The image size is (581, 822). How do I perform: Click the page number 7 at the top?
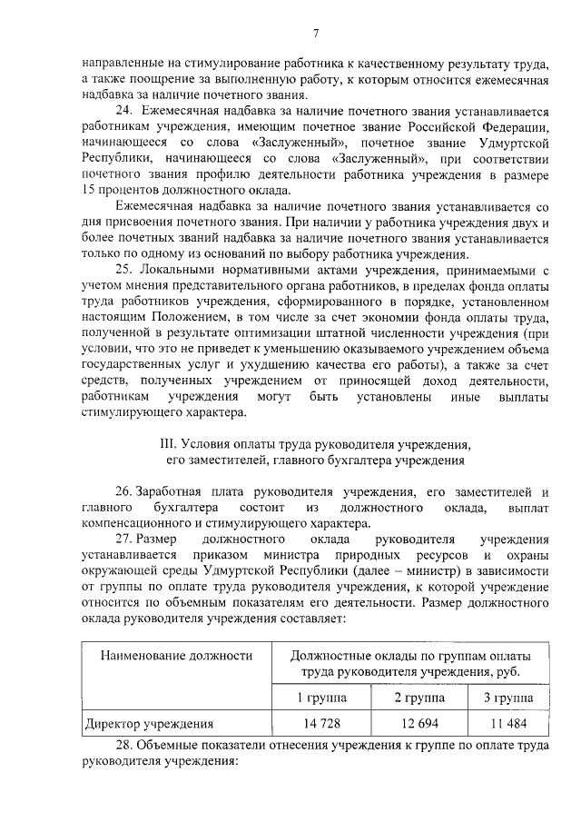[x=315, y=34]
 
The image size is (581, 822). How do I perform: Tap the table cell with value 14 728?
[x=322, y=723]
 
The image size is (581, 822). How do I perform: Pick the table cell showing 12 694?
[x=419, y=723]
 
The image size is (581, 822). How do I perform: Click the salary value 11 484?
[x=506, y=723]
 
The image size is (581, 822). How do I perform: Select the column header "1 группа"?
[x=322, y=697]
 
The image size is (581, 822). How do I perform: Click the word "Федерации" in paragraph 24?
[x=513, y=127]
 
